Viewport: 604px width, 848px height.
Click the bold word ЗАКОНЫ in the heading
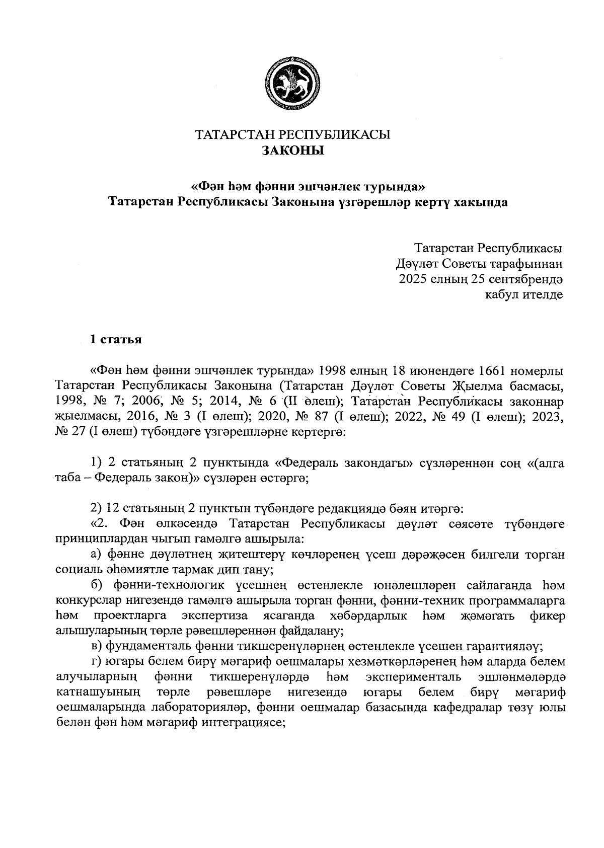(292, 150)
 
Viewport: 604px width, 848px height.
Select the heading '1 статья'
(115, 339)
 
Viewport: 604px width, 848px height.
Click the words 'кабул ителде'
(523, 294)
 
